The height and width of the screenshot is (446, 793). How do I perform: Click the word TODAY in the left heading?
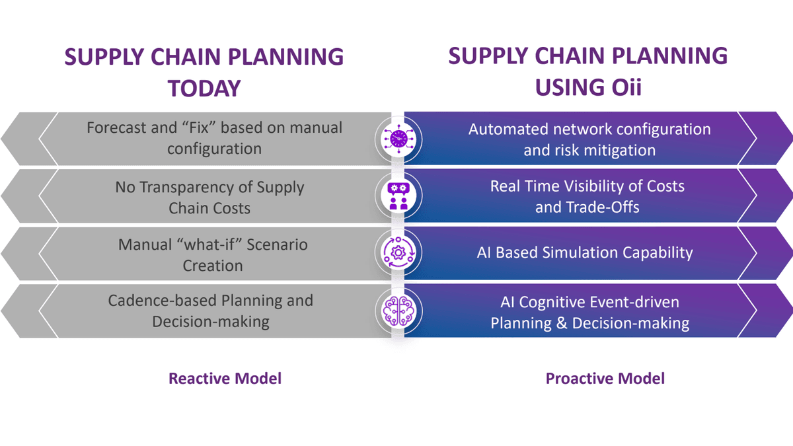(x=204, y=89)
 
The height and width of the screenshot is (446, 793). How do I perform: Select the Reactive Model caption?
(x=225, y=379)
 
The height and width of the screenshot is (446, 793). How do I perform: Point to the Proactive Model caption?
(x=605, y=379)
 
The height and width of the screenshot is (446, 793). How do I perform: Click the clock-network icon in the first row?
(x=398, y=138)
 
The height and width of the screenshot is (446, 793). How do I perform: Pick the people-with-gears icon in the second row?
(x=398, y=196)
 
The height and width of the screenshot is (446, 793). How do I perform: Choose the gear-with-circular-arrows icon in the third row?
(x=398, y=253)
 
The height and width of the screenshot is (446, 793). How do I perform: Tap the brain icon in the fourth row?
(x=398, y=310)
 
